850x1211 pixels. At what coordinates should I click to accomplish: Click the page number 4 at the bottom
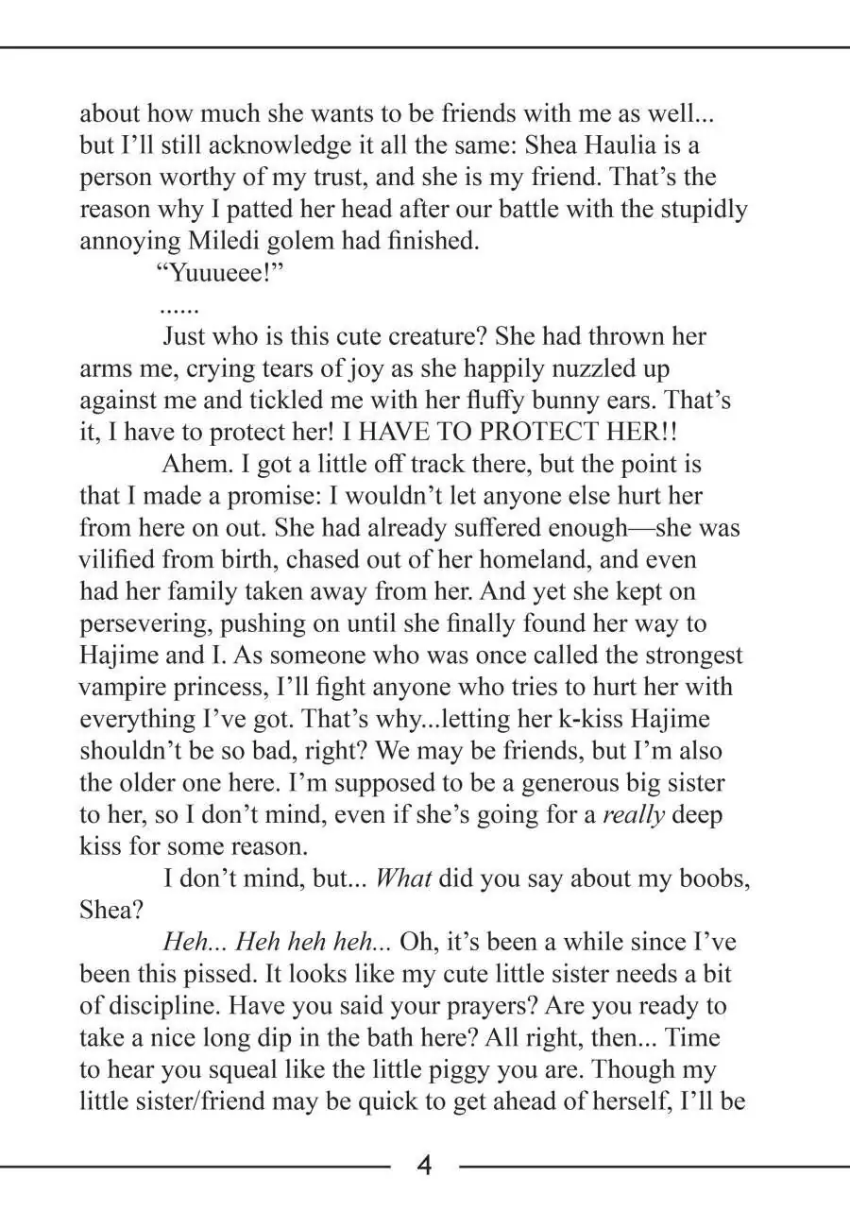coord(425,1166)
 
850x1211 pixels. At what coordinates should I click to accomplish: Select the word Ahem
coord(194,465)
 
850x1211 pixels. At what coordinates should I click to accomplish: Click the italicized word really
coord(634,815)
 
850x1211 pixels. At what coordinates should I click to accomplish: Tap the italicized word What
coord(403,878)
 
